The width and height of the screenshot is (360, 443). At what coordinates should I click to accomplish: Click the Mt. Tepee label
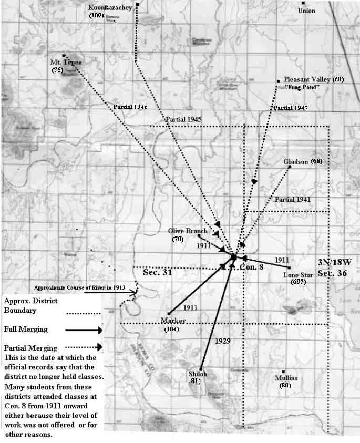click(67, 62)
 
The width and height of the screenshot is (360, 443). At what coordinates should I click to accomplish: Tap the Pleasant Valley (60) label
click(313, 79)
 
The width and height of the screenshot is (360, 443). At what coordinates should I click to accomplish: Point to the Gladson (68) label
click(302, 161)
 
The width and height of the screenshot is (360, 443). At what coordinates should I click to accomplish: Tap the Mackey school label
click(174, 321)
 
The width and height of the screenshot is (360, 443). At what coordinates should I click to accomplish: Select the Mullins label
click(286, 378)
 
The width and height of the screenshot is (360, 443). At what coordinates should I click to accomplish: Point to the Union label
click(306, 10)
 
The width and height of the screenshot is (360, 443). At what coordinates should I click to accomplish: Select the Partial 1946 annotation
click(130, 107)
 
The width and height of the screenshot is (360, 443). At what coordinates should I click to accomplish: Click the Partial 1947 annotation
click(290, 108)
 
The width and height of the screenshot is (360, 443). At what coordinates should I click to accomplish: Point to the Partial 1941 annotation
click(292, 200)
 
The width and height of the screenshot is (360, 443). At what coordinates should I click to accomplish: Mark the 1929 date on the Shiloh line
click(223, 341)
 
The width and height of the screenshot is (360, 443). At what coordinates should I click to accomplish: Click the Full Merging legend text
click(26, 329)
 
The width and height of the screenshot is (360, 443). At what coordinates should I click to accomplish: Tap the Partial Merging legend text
click(29, 348)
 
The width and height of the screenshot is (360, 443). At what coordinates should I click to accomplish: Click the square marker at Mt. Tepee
click(64, 55)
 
